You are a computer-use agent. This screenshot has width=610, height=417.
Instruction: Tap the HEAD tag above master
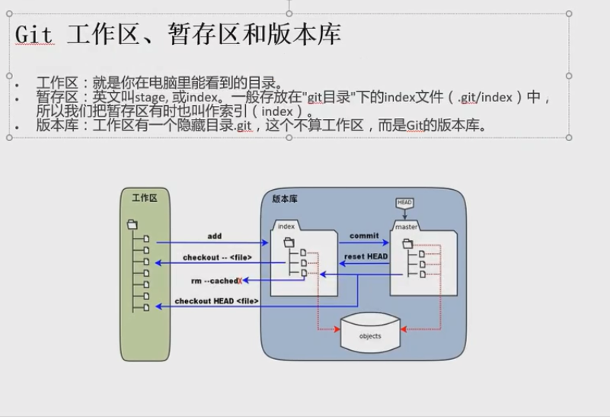(x=404, y=202)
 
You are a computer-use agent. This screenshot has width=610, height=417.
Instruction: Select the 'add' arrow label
(x=214, y=236)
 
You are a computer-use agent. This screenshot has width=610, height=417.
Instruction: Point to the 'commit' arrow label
(x=364, y=236)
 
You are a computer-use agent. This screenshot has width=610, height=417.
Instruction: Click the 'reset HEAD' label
(x=366, y=256)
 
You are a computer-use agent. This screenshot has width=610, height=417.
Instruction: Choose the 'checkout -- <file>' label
(x=217, y=258)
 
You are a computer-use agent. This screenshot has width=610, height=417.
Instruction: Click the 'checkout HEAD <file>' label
(x=217, y=301)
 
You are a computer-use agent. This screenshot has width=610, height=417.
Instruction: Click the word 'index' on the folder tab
(x=286, y=226)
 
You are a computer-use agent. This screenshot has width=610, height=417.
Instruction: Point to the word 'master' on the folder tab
(x=407, y=226)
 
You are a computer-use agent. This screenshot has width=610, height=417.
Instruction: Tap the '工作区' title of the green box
(x=144, y=197)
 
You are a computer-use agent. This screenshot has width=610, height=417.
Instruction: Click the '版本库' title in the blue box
(x=285, y=198)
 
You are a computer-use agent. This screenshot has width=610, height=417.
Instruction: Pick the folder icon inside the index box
(x=289, y=242)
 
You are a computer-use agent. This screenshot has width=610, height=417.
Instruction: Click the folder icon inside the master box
(x=407, y=243)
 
